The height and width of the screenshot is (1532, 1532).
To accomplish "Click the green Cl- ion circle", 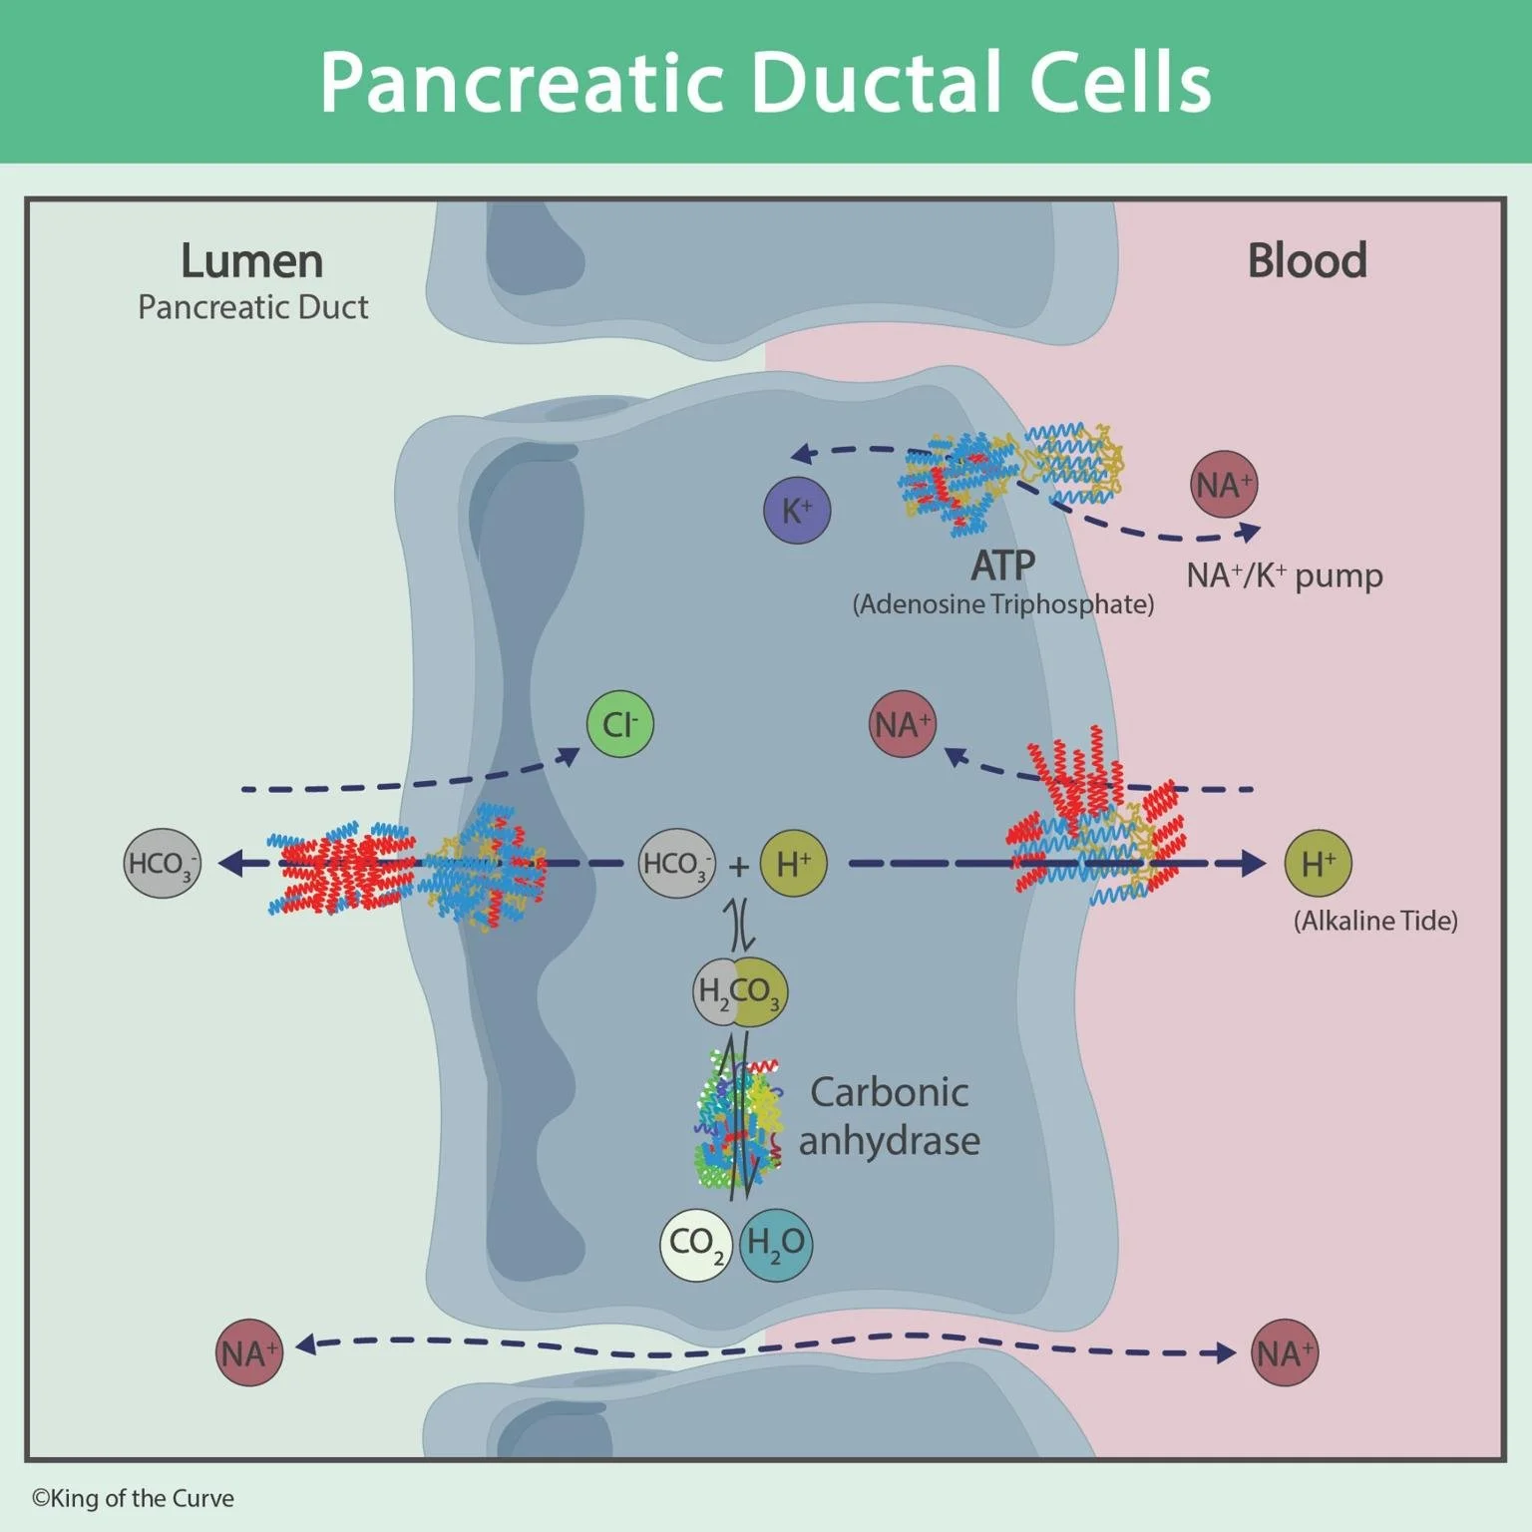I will pyautogui.click(x=619, y=724).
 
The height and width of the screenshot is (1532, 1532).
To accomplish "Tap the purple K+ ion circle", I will pyautogui.click(x=797, y=511).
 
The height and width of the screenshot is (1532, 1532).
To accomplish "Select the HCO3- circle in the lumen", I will pyautogui.click(x=162, y=863).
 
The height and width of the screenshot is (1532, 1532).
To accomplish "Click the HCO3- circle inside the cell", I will pyautogui.click(x=676, y=864).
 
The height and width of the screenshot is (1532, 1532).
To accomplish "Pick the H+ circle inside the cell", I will pyautogui.click(x=794, y=864).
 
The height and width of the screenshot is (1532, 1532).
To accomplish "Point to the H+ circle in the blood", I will pyautogui.click(x=1318, y=864).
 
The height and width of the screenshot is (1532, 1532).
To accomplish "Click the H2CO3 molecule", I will pyautogui.click(x=740, y=991).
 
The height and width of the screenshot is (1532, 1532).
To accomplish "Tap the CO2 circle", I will pyautogui.click(x=696, y=1244).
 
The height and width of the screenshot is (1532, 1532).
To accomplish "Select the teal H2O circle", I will pyautogui.click(x=776, y=1244).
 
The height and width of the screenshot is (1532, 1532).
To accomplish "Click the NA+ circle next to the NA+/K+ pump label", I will pyautogui.click(x=1224, y=485).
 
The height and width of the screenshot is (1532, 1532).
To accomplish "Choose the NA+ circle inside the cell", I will pyautogui.click(x=903, y=724).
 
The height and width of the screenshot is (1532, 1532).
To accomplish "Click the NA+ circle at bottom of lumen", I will pyautogui.click(x=249, y=1352).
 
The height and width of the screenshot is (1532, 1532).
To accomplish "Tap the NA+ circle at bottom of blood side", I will pyautogui.click(x=1285, y=1353).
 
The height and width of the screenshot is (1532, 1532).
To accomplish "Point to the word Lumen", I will pyautogui.click(x=251, y=261).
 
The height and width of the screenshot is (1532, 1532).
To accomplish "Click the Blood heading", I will pyautogui.click(x=1307, y=260).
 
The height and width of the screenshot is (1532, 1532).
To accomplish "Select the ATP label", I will pyautogui.click(x=1002, y=566).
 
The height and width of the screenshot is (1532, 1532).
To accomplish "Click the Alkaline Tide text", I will pyautogui.click(x=1375, y=921).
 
